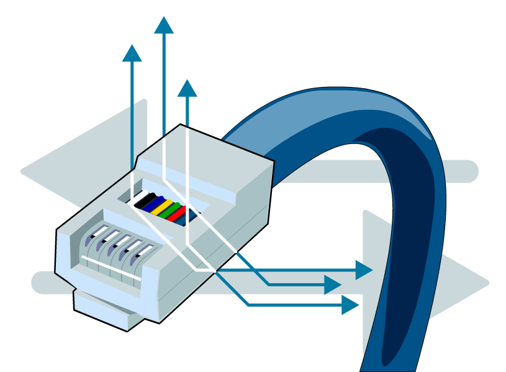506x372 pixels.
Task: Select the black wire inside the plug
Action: (x=147, y=201)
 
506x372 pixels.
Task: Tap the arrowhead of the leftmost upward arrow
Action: (x=132, y=52)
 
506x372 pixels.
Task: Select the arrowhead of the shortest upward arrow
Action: (x=187, y=88)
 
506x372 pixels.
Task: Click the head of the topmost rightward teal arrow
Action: (x=364, y=270)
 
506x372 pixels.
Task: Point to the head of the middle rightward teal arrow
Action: (x=333, y=285)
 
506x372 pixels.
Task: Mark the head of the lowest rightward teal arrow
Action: (x=351, y=305)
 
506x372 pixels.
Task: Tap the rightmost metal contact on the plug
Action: (x=143, y=252)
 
